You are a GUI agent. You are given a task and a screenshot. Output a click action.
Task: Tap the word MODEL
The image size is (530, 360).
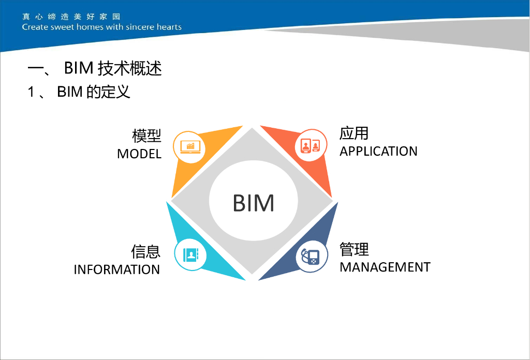point(139,154)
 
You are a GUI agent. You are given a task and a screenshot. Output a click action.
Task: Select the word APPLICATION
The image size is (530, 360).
point(378,152)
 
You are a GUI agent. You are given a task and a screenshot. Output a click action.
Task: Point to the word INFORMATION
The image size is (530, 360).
point(116,269)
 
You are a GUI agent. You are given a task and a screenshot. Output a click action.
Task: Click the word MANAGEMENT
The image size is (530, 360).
point(385,267)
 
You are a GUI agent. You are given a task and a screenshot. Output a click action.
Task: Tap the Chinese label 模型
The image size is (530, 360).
point(147,136)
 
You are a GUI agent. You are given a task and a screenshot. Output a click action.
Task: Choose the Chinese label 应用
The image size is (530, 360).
point(354,133)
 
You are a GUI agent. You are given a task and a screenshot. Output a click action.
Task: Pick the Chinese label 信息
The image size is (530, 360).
point(146,252)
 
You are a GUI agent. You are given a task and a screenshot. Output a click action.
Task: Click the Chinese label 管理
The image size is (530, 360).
point(354,249)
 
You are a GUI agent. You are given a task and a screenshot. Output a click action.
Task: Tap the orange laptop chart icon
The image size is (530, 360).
point(189,146)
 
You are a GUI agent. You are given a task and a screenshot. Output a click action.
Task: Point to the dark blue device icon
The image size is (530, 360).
point(312,256)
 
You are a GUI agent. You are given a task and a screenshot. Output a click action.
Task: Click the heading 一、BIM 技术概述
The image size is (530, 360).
point(95,68)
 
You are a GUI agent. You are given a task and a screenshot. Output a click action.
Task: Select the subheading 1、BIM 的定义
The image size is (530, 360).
point(79,92)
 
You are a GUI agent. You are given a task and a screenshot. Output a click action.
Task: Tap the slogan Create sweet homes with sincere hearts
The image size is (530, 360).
point(102,27)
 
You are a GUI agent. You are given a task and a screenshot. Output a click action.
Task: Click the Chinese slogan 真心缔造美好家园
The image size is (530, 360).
point(71,17)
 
